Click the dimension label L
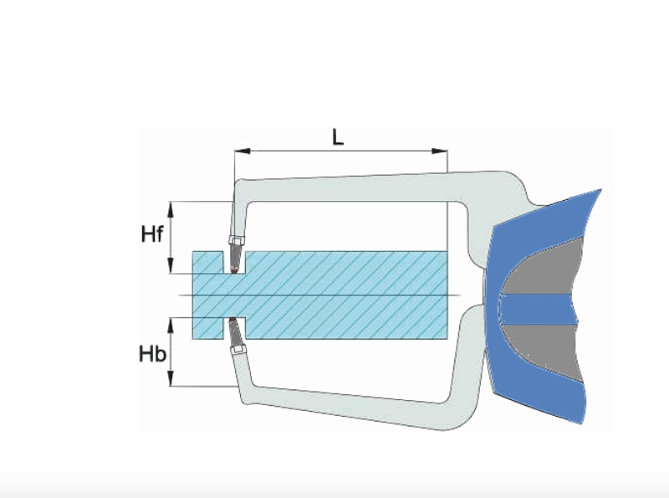coord(337,136)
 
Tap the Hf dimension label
coord(151,234)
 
